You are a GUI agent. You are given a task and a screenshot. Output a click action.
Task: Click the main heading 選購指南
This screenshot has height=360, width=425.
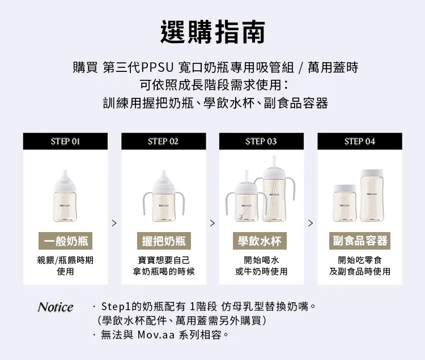pos(212,32)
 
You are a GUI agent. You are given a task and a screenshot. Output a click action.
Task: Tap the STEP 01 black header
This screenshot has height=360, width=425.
pos(65,142)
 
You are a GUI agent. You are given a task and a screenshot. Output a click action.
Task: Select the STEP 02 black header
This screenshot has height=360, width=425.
pos(164,142)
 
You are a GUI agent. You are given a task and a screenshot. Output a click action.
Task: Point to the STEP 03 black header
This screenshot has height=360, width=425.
pos(262,142)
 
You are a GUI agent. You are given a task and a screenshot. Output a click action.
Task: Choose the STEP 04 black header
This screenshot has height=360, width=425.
pos(360,142)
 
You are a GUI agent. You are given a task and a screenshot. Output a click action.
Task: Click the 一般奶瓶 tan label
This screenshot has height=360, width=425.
pos(65,241)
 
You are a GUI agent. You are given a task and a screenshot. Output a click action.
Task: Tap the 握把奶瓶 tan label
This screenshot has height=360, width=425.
pos(164,241)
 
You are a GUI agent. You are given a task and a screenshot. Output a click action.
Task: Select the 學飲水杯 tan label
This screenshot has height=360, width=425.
pos(260,241)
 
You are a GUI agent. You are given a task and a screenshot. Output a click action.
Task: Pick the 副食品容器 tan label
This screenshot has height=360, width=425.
pos(360,241)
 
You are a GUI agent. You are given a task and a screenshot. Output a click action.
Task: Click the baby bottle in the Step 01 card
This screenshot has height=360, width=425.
pos(65,196)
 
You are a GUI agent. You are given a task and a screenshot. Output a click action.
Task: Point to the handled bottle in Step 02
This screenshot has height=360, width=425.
pos(164,196)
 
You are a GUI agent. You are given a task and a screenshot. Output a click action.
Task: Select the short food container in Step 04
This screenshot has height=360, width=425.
pos(345,203)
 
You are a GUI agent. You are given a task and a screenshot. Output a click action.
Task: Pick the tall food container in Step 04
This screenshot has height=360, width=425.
pos(372,196)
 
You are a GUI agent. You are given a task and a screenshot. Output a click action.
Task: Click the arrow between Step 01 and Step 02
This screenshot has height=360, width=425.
pos(114,223)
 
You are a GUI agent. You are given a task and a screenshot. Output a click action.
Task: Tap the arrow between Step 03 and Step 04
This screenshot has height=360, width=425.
pos(311,223)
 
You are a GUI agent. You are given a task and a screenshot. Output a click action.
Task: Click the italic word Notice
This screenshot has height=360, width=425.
pos(56,307)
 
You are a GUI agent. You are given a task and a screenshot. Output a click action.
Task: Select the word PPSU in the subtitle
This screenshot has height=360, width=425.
pos(157,67)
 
